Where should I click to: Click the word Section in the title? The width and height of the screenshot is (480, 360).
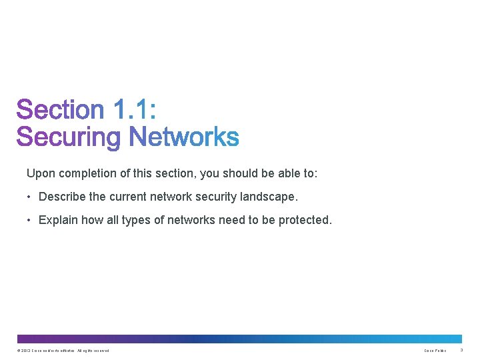point(61,110)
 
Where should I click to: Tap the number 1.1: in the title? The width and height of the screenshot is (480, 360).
point(135,110)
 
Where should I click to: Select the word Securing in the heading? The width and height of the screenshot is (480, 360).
point(69,137)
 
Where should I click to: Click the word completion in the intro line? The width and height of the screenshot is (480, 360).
point(92,174)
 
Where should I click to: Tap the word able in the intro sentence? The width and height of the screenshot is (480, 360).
point(287,173)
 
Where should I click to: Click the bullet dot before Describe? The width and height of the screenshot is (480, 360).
point(30,197)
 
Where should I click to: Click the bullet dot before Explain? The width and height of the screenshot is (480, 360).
point(30,220)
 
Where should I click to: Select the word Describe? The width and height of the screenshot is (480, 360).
point(62,197)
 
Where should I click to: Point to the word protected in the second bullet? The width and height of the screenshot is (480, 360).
point(304,220)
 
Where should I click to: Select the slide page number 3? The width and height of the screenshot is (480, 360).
point(461,350)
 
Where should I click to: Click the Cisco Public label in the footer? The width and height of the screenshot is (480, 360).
point(435,351)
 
